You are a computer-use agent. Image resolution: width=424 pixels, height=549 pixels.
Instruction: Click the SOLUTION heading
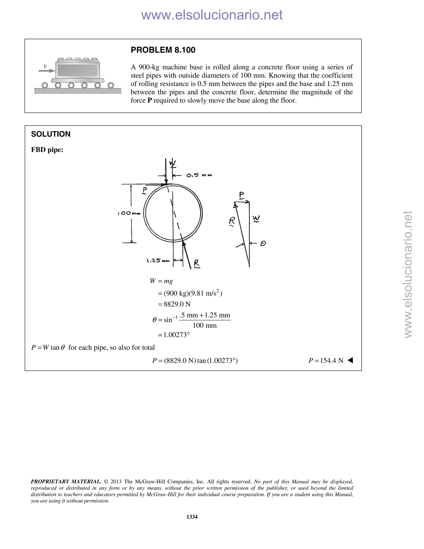tap(51, 134)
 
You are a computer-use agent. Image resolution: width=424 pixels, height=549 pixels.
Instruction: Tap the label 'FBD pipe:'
tap(47, 150)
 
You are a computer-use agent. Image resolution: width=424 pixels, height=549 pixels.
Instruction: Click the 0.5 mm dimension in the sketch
tap(199, 175)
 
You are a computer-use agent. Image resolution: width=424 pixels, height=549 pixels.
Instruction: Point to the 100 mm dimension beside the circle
tap(129, 213)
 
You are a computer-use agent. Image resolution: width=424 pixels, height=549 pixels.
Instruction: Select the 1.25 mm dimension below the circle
tap(158, 261)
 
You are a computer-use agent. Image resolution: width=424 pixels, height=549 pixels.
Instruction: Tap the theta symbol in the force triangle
tap(263, 243)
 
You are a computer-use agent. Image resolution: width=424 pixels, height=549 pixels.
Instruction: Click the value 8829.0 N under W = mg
tap(177, 304)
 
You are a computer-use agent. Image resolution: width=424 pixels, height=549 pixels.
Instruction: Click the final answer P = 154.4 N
tap(326, 360)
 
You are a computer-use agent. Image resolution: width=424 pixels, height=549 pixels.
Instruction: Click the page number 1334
tap(192, 517)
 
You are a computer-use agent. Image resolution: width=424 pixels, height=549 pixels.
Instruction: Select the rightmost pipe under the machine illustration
tap(111, 85)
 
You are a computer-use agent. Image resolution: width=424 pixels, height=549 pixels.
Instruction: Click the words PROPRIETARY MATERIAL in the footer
tap(66, 482)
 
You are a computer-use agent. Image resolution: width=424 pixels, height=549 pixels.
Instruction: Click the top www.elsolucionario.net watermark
tap(212, 15)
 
